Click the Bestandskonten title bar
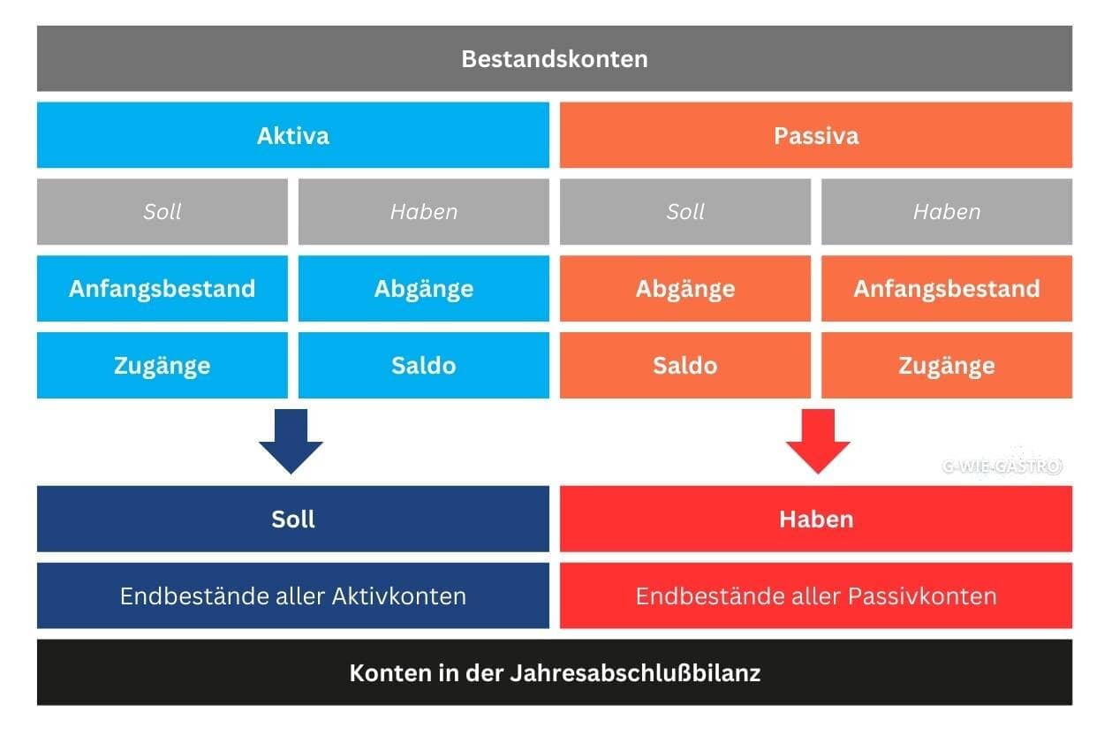click(x=554, y=59)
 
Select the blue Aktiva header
click(x=292, y=135)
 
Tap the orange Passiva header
click(x=815, y=135)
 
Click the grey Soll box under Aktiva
click(x=162, y=212)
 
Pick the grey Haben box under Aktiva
click(x=423, y=212)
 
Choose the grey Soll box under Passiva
click(x=684, y=212)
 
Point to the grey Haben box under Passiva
click(x=946, y=212)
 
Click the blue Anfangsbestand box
click(x=162, y=289)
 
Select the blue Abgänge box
click(x=423, y=289)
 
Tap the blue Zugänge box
click(x=162, y=365)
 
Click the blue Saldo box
click(x=423, y=365)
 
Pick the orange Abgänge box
click(x=684, y=289)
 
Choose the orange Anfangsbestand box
click(x=946, y=289)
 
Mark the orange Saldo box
click(x=684, y=365)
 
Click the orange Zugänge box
click(x=946, y=365)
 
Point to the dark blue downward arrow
click(x=291, y=440)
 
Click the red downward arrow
click(x=817, y=440)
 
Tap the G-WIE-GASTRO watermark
click(x=1002, y=467)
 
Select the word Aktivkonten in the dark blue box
click(x=398, y=596)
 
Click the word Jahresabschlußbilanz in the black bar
click(x=635, y=672)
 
